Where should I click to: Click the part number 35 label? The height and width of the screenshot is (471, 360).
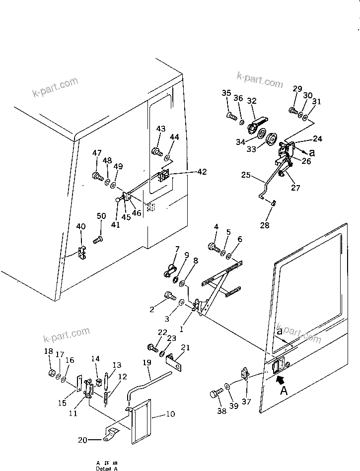tap(226, 93)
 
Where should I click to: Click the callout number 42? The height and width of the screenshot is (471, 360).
tap(202, 172)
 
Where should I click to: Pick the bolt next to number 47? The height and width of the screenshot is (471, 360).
tap(97, 176)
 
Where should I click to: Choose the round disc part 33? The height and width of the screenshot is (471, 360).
tap(272, 139)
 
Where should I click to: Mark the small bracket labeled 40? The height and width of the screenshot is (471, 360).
tap(82, 253)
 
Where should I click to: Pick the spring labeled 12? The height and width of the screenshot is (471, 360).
tap(107, 397)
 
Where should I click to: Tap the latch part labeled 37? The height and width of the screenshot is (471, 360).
tap(245, 373)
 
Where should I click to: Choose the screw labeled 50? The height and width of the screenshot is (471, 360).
tap(97, 240)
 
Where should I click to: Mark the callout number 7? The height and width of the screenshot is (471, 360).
tap(176, 249)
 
